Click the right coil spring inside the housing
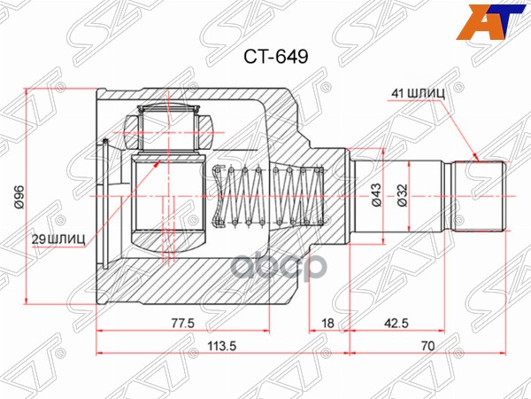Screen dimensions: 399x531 296,198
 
